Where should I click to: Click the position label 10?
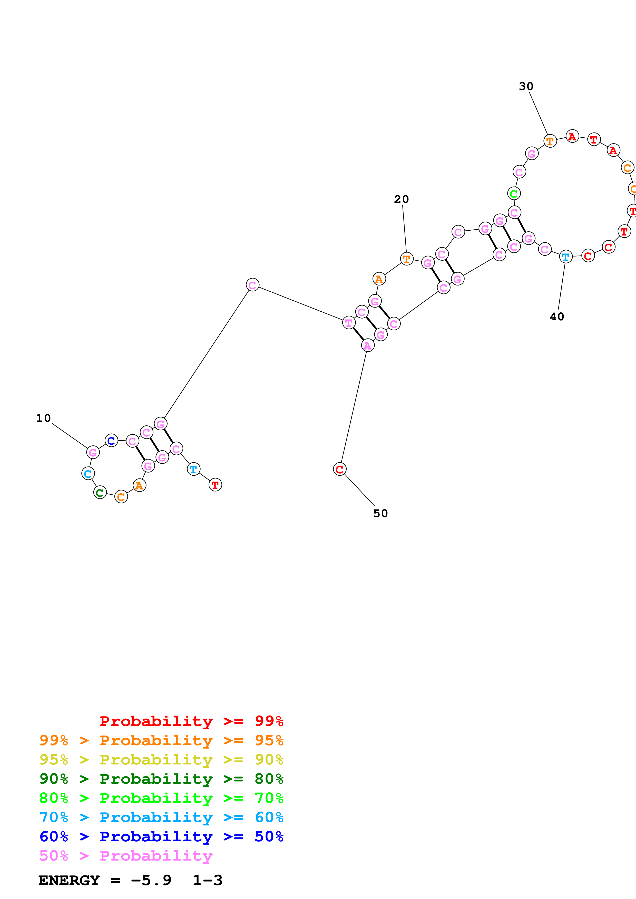[x=44, y=418]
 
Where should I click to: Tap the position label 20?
[x=401, y=199]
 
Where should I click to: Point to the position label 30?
[x=526, y=86]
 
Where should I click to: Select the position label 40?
[x=557, y=317]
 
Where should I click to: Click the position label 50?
[x=380, y=513]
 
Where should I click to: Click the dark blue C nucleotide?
[x=111, y=441]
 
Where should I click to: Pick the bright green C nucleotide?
[x=514, y=193]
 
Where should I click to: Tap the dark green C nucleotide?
[x=100, y=493]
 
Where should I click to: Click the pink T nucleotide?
[x=349, y=323]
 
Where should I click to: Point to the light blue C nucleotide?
[x=88, y=474]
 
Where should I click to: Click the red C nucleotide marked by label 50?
[x=339, y=469]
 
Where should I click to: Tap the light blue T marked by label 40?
[x=565, y=257]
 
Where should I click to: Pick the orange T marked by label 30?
[x=550, y=141]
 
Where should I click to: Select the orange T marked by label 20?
[x=407, y=259]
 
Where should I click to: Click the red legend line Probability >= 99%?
[x=191, y=721]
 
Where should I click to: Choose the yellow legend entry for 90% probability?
[x=161, y=760]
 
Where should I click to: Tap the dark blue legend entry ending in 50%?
[x=161, y=836]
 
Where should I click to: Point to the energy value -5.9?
[x=151, y=880]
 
